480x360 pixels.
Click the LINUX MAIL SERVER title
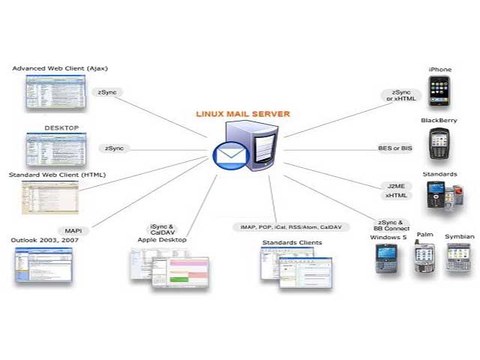(242, 114)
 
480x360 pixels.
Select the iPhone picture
(439, 91)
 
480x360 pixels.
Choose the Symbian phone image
(458, 257)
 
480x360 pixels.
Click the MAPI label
(73, 230)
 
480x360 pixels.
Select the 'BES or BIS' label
(395, 148)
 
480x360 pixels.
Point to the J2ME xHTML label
(395, 190)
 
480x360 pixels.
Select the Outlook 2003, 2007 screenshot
(43, 264)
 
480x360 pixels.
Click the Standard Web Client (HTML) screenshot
(49, 196)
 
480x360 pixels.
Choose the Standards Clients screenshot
(295, 268)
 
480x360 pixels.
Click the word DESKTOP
(61, 128)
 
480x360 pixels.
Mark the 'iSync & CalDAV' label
(162, 229)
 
